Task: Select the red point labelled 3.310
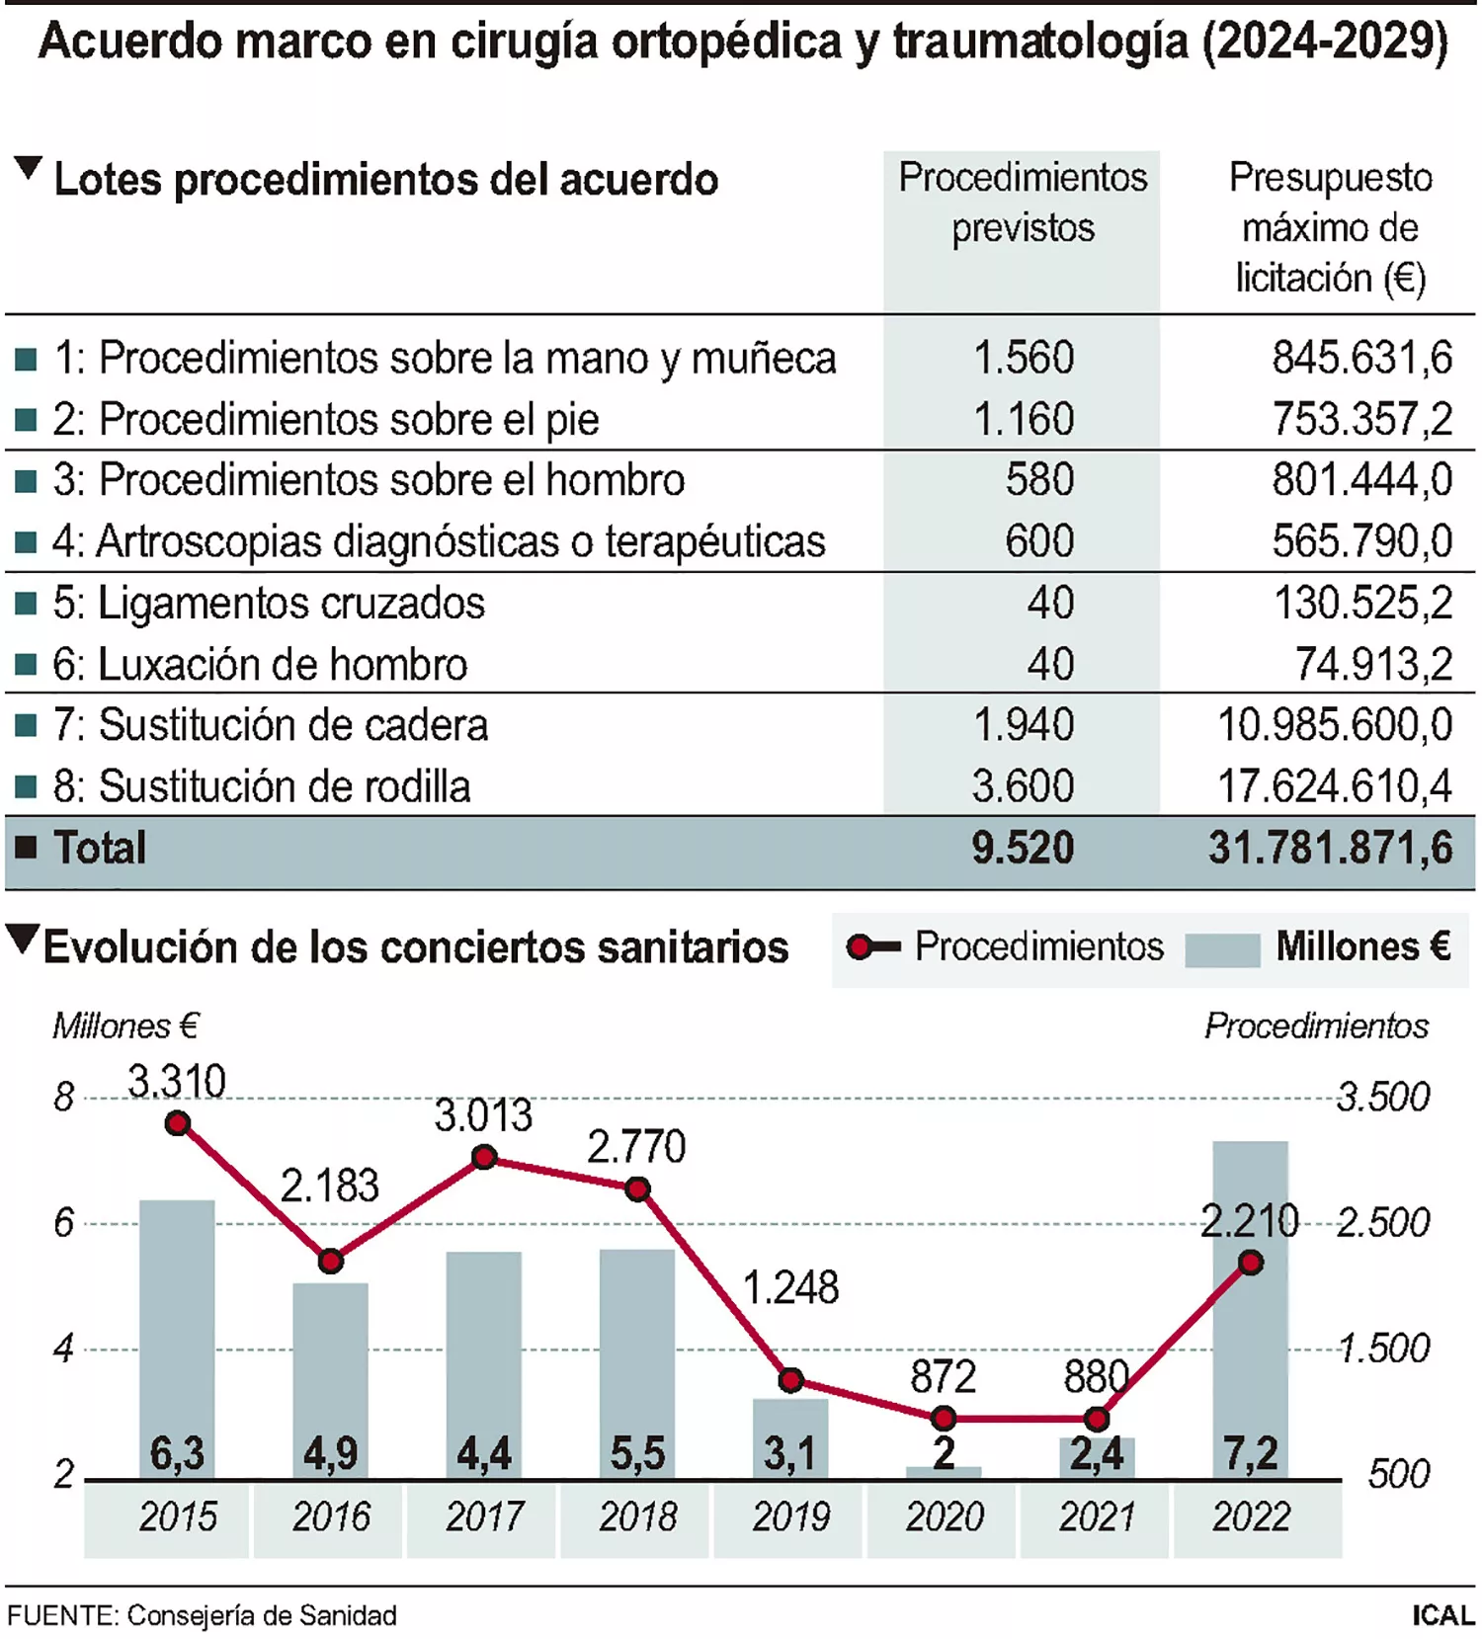coord(178,1123)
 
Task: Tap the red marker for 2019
coord(790,1380)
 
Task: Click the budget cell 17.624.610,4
coord(1334,786)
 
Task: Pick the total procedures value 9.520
coord(1022,849)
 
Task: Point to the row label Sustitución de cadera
coord(293,725)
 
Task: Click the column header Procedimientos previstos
coord(1023,203)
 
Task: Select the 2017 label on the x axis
coord(484,1516)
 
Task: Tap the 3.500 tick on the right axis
coord(1382,1097)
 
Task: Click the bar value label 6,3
coord(178,1453)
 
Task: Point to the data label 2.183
coord(330,1186)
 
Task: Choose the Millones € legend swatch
coord(1222,949)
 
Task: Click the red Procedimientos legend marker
coord(862,947)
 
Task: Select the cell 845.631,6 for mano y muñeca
coord(1361,358)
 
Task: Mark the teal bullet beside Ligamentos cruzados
coord(27,604)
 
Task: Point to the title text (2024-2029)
coord(1324,41)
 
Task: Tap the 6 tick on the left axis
coord(64,1223)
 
